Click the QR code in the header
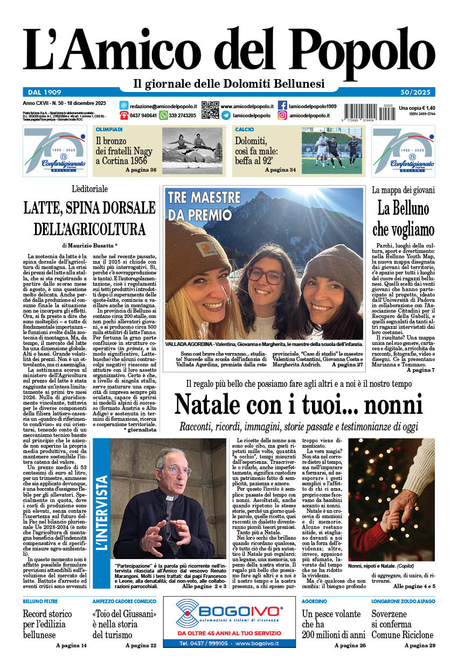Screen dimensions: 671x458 [210, 109]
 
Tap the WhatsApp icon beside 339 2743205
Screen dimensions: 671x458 [163, 115]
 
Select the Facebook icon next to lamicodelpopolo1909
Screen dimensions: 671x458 [282, 105]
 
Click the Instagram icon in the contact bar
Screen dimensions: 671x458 [282, 115]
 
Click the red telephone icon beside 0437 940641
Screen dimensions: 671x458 [124, 115]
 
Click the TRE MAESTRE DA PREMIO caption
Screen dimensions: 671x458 [204, 206]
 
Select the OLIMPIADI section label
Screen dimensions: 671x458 [109, 130]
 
